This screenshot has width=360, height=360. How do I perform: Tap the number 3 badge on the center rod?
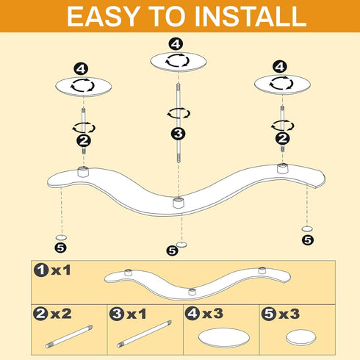tap(178, 134)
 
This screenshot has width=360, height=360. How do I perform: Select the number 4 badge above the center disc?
tap(176, 44)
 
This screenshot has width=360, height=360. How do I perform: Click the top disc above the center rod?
tap(179, 62)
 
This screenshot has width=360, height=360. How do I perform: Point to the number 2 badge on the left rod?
tap(84, 140)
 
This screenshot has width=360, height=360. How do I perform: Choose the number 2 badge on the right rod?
tap(283, 139)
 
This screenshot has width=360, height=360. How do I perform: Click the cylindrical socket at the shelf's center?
tap(179, 202)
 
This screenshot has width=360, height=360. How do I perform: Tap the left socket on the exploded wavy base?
tap(83, 171)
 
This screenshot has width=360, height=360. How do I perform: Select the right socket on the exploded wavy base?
tap(282, 168)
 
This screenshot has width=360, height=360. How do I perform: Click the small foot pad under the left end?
tap(61, 237)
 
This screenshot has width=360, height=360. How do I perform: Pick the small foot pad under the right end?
tap(307, 228)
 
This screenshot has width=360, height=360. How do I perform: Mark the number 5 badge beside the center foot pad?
tap(173, 251)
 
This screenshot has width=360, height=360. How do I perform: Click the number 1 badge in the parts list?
tap(41, 270)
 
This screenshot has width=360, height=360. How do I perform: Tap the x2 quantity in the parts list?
tap(61, 314)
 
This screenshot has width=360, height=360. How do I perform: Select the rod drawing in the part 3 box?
tap(144, 334)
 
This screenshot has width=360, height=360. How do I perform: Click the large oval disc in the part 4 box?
tap(224, 338)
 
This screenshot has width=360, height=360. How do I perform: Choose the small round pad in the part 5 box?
tap(301, 337)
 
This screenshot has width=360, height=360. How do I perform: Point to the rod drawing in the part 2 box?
tap(69, 336)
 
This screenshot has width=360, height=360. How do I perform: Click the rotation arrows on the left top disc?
tap(82, 85)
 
